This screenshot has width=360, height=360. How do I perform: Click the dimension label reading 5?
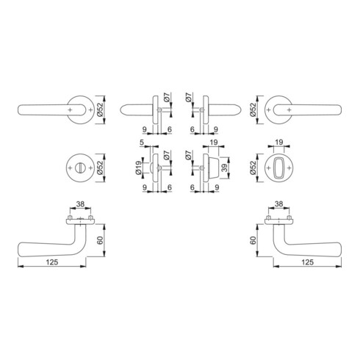click(141, 142)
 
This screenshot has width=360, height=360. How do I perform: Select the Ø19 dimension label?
click(138, 168)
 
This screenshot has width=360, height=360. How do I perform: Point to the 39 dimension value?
click(224, 168)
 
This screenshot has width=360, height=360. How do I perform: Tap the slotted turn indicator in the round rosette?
click(80, 168)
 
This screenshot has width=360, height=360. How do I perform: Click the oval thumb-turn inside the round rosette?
click(279, 168)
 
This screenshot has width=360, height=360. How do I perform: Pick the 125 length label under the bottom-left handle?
click(52, 262)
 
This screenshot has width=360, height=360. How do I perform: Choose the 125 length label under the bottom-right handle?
click(308, 262)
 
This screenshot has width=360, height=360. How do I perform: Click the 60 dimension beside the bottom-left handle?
click(100, 240)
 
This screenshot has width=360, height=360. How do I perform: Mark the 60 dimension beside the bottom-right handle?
click(253, 240)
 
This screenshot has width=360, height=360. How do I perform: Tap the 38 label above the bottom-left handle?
click(80, 204)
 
